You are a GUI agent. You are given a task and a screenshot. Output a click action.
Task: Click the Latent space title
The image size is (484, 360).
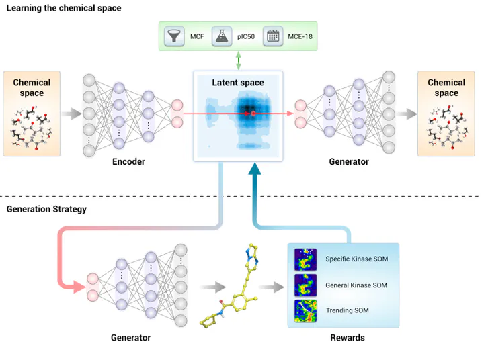(x=238, y=83)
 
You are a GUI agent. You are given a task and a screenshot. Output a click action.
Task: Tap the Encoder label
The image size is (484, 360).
(x=128, y=162)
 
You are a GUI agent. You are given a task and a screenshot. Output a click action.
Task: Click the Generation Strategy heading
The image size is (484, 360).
(x=46, y=209)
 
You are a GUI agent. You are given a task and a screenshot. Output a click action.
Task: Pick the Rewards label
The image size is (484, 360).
(x=348, y=338)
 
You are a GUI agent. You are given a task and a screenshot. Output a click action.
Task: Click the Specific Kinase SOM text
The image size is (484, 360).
(x=356, y=259)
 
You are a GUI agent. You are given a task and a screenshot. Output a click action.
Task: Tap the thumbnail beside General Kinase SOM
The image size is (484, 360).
(x=305, y=285)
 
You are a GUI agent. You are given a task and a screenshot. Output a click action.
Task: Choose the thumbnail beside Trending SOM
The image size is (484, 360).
(x=305, y=310)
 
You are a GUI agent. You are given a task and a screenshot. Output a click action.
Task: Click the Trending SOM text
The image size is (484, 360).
(x=348, y=310)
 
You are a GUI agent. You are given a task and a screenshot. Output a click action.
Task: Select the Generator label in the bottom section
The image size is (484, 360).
(x=130, y=338)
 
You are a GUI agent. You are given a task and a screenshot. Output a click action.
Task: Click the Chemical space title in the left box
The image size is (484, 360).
(x=32, y=88)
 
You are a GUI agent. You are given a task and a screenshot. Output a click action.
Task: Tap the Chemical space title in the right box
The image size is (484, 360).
(x=446, y=88)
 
